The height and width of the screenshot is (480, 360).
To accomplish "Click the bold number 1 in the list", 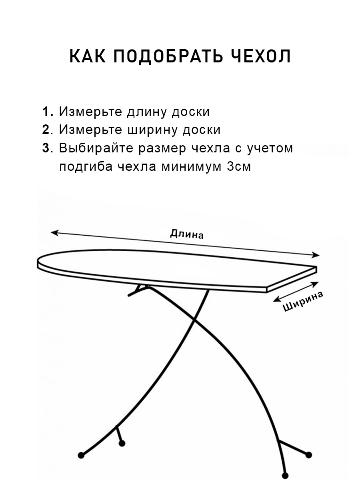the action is [46, 112].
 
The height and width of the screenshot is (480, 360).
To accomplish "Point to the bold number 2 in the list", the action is [46, 130].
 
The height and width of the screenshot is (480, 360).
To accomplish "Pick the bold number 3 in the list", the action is [46, 148].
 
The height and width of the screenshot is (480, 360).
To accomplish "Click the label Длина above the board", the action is [187, 234].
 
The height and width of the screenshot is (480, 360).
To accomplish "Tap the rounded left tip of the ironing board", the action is [39, 263].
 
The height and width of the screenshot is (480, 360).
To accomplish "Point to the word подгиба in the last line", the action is [85, 167].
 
